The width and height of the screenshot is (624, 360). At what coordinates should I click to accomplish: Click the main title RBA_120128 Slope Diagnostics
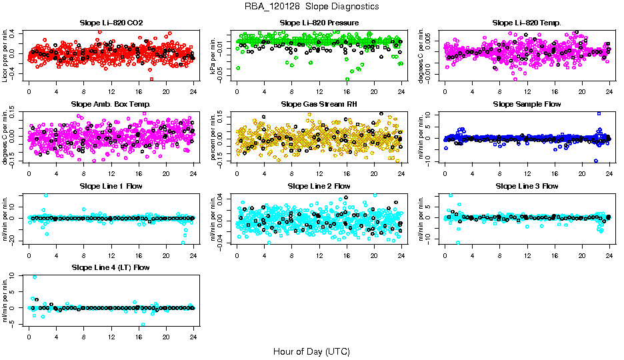click(x=312, y=6)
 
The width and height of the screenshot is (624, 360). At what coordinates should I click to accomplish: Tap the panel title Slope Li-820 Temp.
click(x=527, y=23)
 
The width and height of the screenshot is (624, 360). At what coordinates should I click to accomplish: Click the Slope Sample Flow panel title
click(x=527, y=104)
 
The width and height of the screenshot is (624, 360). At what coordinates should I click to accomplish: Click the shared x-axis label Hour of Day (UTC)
click(x=312, y=351)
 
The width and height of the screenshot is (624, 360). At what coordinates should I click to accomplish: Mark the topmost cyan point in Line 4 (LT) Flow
click(x=35, y=277)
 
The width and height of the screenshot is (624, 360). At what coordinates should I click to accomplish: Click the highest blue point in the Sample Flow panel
click(x=599, y=114)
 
